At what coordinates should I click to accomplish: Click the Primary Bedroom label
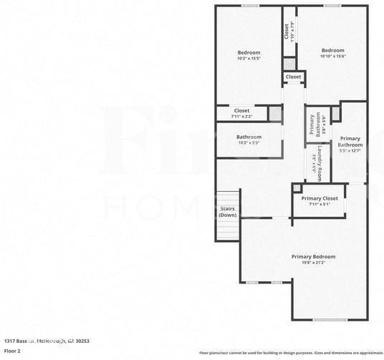point(313,256)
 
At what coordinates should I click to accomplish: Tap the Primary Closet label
point(320,198)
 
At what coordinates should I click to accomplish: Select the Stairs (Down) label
point(228,212)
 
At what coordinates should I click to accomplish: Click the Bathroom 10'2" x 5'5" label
point(249,137)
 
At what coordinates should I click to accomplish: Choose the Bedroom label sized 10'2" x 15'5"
point(249,52)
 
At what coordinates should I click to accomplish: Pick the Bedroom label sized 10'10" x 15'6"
point(332,50)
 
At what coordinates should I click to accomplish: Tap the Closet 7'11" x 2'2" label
point(241,110)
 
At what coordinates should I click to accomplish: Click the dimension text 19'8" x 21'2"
point(313,263)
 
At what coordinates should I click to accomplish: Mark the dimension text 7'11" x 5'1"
point(320,205)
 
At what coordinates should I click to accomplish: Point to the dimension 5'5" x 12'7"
point(350,150)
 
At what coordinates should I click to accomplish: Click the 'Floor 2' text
point(12,351)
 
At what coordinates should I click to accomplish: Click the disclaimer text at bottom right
point(291,353)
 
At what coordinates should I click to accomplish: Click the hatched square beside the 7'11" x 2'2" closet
point(275,113)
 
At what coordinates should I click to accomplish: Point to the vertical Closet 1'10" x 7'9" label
point(289,31)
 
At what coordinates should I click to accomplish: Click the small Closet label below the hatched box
point(293,77)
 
